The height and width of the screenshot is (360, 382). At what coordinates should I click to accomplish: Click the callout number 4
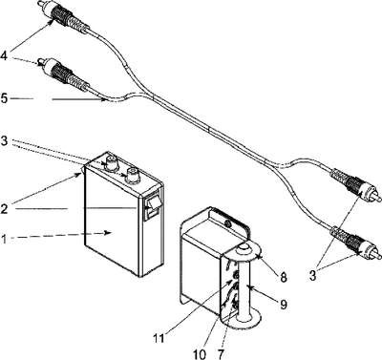(x=4, y=56)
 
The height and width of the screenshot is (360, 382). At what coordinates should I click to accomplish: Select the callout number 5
(x=4, y=98)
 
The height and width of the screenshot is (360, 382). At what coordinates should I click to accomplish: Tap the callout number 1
(x=3, y=239)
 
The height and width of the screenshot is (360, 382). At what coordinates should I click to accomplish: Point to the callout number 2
(x=4, y=208)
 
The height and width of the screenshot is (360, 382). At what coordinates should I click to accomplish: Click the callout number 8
(x=283, y=277)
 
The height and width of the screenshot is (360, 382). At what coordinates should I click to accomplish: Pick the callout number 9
(x=284, y=305)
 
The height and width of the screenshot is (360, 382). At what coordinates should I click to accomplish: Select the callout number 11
(x=159, y=338)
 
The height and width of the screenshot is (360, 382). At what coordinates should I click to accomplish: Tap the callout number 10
(x=200, y=354)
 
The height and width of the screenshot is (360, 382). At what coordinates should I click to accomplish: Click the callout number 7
(x=222, y=354)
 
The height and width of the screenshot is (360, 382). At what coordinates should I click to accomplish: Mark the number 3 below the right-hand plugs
(x=313, y=276)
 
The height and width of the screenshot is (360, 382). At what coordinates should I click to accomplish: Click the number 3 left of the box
(x=4, y=140)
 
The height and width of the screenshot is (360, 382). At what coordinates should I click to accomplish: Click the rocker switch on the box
(x=151, y=207)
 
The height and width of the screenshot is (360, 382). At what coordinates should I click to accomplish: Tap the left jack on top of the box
(x=112, y=162)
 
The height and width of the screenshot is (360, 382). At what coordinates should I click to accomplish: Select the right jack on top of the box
(x=132, y=177)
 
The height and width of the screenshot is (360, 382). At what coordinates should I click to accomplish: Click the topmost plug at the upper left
(x=64, y=16)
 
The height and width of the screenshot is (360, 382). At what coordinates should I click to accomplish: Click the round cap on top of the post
(x=244, y=247)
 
